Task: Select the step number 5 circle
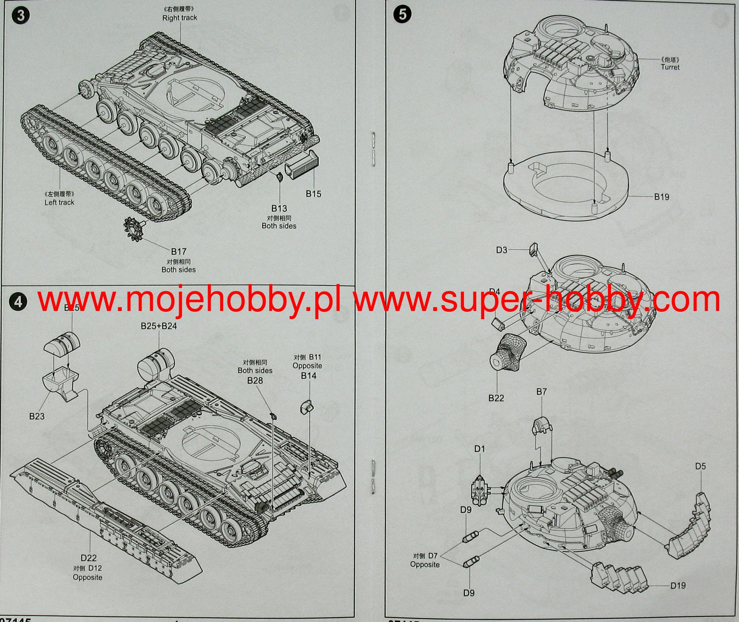pyautogui.click(x=402, y=14)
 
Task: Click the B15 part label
pyautogui.click(x=313, y=194)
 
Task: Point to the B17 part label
pyautogui.click(x=179, y=252)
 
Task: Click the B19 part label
pyautogui.click(x=661, y=197)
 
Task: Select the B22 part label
pyautogui.click(x=496, y=398)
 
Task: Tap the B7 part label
pyautogui.click(x=542, y=391)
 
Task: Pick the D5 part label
pyautogui.click(x=700, y=466)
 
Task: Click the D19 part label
pyautogui.click(x=678, y=585)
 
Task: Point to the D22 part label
pyautogui.click(x=89, y=558)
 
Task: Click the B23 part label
pyautogui.click(x=37, y=416)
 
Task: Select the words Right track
pyautogui.click(x=179, y=18)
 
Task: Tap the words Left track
pyautogui.click(x=59, y=202)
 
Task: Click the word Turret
pyautogui.click(x=670, y=67)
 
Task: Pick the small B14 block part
pyautogui.click(x=306, y=407)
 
